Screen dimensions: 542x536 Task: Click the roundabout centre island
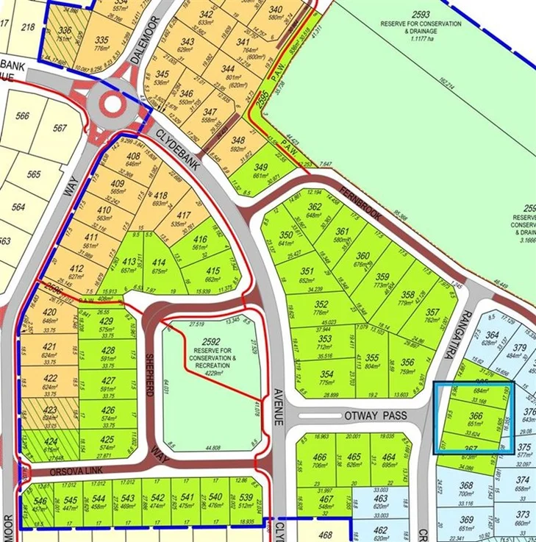(112, 104)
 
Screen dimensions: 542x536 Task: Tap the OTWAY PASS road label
(375, 416)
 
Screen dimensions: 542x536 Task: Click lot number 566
(22, 115)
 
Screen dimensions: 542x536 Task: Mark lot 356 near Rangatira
(408, 362)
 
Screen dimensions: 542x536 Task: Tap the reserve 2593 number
(421, 14)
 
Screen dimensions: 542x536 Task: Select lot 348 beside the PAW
(237, 140)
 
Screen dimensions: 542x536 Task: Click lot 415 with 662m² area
(212, 271)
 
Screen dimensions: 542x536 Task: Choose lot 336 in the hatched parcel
(65, 31)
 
